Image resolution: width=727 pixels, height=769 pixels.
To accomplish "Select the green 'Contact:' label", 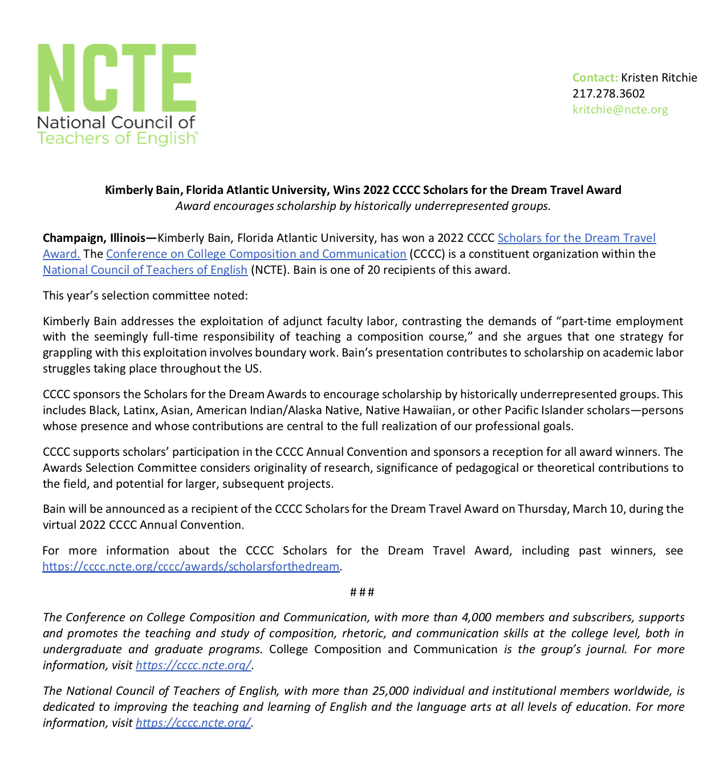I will (x=595, y=78).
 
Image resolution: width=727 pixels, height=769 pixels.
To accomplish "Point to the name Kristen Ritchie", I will (x=659, y=78).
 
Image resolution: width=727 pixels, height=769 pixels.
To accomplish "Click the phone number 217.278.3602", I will (x=608, y=94).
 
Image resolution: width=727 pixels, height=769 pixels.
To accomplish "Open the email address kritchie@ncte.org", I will (x=620, y=110).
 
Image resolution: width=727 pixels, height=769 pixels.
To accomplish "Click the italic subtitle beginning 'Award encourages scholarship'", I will (x=363, y=206).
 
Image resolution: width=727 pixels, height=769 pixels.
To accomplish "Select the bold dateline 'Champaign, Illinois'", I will (x=94, y=238).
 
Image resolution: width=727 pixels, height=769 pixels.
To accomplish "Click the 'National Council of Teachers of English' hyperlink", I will (x=145, y=270).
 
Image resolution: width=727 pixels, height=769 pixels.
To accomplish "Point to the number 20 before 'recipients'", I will (x=373, y=270).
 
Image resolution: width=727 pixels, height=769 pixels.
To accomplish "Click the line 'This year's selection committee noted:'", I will (x=145, y=296).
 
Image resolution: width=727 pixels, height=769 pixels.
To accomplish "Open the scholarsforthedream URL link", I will (x=191, y=566).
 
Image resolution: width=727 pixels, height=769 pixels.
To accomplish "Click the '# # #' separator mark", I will (x=362, y=592).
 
